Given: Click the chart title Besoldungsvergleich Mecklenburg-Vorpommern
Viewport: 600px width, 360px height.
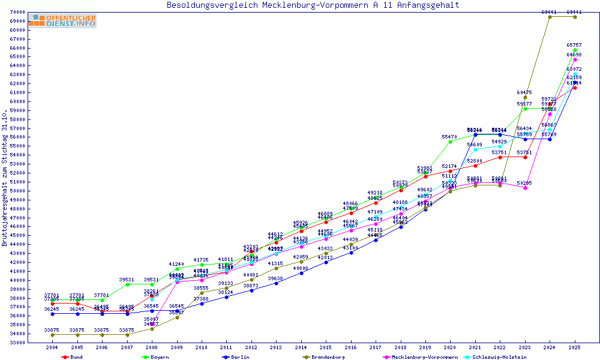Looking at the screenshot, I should point(313,5).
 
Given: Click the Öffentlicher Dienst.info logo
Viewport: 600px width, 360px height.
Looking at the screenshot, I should point(62,20).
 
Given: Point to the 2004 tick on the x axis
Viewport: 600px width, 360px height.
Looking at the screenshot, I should point(53,347).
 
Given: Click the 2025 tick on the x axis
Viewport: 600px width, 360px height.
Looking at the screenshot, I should point(575,347).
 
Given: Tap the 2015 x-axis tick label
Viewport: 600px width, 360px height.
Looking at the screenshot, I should point(326,347).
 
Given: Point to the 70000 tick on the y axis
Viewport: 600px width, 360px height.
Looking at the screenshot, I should point(34,12).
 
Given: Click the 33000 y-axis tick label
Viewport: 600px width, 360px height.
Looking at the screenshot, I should point(34,343).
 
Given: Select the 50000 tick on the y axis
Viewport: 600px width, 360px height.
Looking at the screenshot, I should point(34,191).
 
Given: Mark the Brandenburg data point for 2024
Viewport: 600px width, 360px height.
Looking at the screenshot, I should point(550,17).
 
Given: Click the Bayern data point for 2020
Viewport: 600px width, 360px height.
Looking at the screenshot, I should point(450,142).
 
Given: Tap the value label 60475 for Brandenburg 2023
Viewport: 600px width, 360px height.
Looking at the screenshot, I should point(524,92).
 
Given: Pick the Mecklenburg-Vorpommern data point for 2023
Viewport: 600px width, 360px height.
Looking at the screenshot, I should point(525,188).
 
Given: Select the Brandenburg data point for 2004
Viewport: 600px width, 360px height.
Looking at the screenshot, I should point(53,335).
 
